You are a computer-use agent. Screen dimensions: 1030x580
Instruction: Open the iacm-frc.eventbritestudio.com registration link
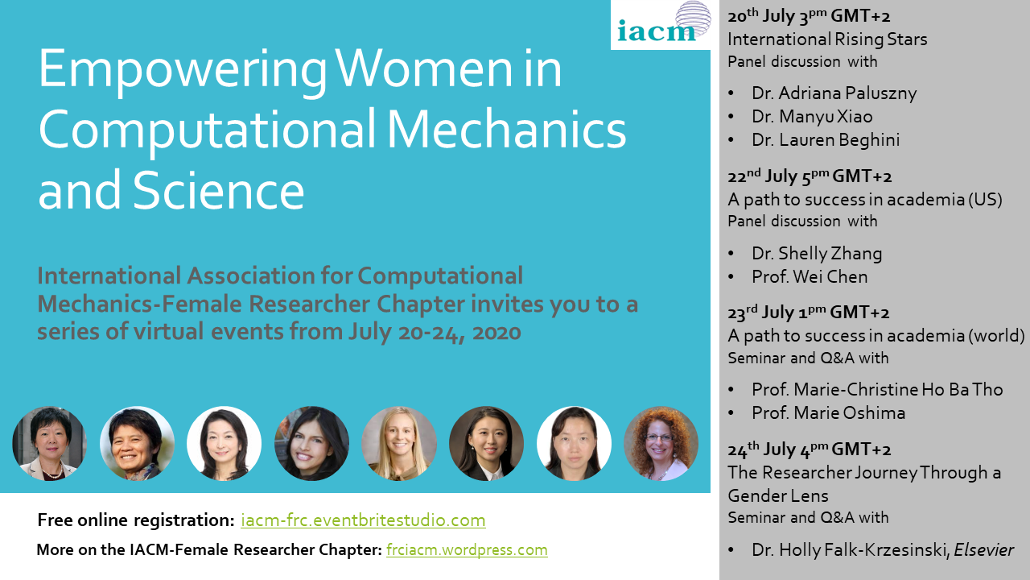(363, 520)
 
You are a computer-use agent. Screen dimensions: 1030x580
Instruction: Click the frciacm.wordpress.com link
(467, 549)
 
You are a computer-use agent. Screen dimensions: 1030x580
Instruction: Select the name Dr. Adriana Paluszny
(834, 93)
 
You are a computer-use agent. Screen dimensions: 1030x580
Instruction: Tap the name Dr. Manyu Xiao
(812, 117)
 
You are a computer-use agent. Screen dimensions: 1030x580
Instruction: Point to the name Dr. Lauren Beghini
(826, 140)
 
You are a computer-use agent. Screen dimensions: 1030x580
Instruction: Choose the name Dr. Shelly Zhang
(817, 254)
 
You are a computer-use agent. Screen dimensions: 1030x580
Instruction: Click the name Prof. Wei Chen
(810, 276)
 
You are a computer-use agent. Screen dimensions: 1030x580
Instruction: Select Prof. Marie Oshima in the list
(828, 413)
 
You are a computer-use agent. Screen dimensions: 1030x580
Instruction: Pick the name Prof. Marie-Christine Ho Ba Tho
(877, 389)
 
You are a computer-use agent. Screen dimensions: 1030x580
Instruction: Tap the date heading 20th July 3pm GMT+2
(809, 17)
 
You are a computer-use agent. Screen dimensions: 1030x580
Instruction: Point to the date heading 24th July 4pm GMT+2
(810, 449)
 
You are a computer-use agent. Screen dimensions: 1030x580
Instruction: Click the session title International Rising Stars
(827, 39)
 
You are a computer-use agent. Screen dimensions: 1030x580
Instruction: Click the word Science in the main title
(218, 191)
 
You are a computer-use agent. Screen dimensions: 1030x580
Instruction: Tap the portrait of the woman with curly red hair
(661, 443)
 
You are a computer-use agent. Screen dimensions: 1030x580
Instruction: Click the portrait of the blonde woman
(398, 443)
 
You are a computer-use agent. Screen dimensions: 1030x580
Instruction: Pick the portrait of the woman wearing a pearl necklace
(49, 443)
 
